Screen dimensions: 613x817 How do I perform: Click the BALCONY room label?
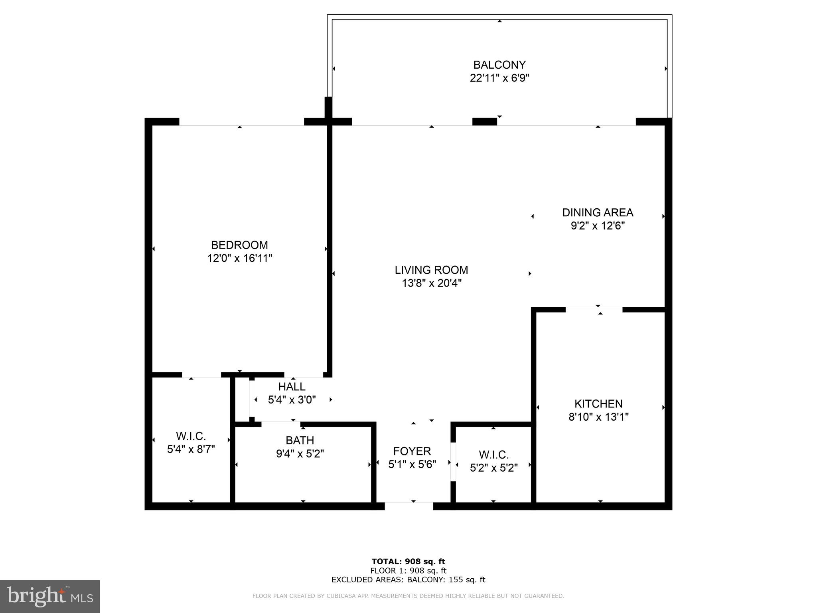(499, 65)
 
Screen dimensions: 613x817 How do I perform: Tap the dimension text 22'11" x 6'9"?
(499, 78)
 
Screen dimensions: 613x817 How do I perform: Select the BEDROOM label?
(239, 245)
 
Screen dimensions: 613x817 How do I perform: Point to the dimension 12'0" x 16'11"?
(239, 258)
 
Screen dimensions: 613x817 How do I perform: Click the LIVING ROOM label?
(431, 270)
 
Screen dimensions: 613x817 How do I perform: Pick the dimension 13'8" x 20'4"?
(431, 283)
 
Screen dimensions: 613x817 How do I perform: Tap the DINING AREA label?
(597, 212)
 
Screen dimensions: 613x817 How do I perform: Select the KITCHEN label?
(598, 403)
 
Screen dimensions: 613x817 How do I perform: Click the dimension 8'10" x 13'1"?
(598, 417)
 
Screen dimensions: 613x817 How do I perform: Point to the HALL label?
(292, 386)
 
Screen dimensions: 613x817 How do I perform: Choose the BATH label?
(300, 440)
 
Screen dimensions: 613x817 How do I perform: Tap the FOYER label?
(412, 451)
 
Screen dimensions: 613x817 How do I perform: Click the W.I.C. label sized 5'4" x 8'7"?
(191, 436)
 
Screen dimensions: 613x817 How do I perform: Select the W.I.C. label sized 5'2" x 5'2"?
(493, 455)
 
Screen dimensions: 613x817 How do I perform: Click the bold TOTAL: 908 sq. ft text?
(408, 562)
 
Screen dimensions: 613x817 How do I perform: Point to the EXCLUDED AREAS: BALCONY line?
(408, 580)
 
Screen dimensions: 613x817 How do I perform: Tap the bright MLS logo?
(49, 596)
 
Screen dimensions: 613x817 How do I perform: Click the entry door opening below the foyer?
(408, 506)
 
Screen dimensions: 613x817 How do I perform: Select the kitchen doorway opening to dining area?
(594, 309)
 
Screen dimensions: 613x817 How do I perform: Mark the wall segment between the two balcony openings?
(484, 122)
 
